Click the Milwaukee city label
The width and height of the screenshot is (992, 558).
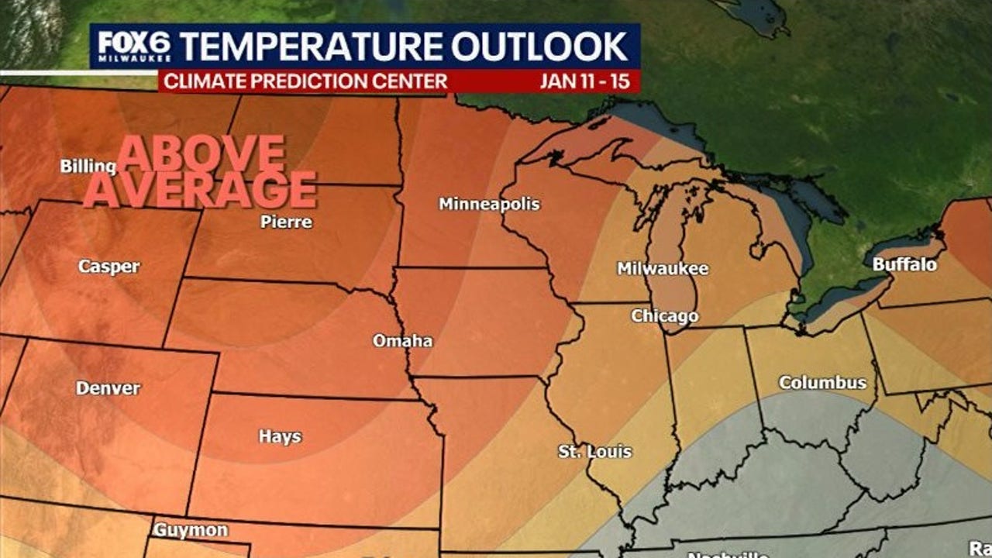663,269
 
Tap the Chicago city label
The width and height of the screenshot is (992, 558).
664,316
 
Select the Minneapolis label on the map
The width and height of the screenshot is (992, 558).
489,205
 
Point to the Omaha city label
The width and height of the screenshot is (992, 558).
402,341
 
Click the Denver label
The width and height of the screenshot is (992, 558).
108,388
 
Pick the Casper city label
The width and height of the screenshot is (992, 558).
109,267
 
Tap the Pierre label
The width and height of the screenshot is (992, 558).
286,222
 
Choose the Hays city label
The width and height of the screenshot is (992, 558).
280,437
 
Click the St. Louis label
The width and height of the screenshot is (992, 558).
595,452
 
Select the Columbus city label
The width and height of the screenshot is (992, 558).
822,383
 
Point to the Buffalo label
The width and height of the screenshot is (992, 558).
904,265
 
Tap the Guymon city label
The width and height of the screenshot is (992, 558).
190,531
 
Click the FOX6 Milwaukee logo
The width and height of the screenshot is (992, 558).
134,48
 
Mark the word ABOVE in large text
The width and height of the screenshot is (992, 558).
201,154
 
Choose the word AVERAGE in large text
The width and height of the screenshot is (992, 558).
200,190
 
